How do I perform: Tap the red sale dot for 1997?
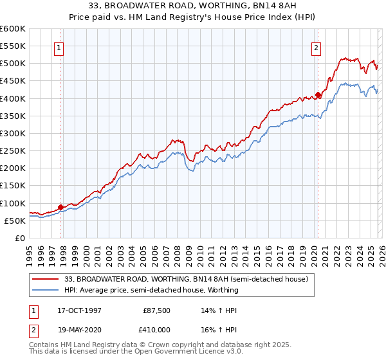(x=60, y=207)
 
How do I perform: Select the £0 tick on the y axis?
(x=19, y=239)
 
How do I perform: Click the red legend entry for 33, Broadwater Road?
(x=187, y=280)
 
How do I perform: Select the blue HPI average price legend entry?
(x=151, y=290)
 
